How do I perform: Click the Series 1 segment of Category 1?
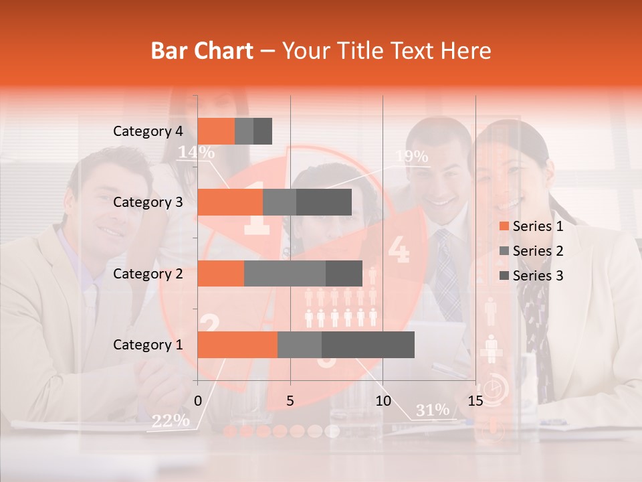pyautogui.click(x=237, y=344)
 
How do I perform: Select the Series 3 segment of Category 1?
pyautogui.click(x=368, y=344)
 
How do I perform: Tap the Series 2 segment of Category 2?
pyautogui.click(x=285, y=273)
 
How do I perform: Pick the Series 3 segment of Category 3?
pyautogui.click(x=324, y=202)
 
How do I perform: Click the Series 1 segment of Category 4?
pyautogui.click(x=216, y=131)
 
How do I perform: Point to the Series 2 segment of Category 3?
pyautogui.click(x=280, y=202)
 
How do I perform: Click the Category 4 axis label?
pyautogui.click(x=147, y=131)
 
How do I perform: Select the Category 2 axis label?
pyautogui.click(x=147, y=273)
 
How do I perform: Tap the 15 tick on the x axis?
pyautogui.click(x=475, y=401)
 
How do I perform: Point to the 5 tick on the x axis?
pyautogui.click(x=290, y=401)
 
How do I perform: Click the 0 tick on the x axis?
pyautogui.click(x=198, y=401)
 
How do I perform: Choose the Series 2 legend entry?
pyautogui.click(x=532, y=251)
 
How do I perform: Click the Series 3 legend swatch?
pyautogui.click(x=504, y=276)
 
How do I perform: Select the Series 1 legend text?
pyautogui.click(x=538, y=226)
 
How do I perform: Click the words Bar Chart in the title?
pyautogui.click(x=202, y=51)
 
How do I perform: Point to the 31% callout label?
pyautogui.click(x=433, y=410)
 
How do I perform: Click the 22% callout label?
pyautogui.click(x=171, y=420)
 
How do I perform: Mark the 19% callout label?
pyautogui.click(x=411, y=157)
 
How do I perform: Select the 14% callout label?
pyautogui.click(x=195, y=152)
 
